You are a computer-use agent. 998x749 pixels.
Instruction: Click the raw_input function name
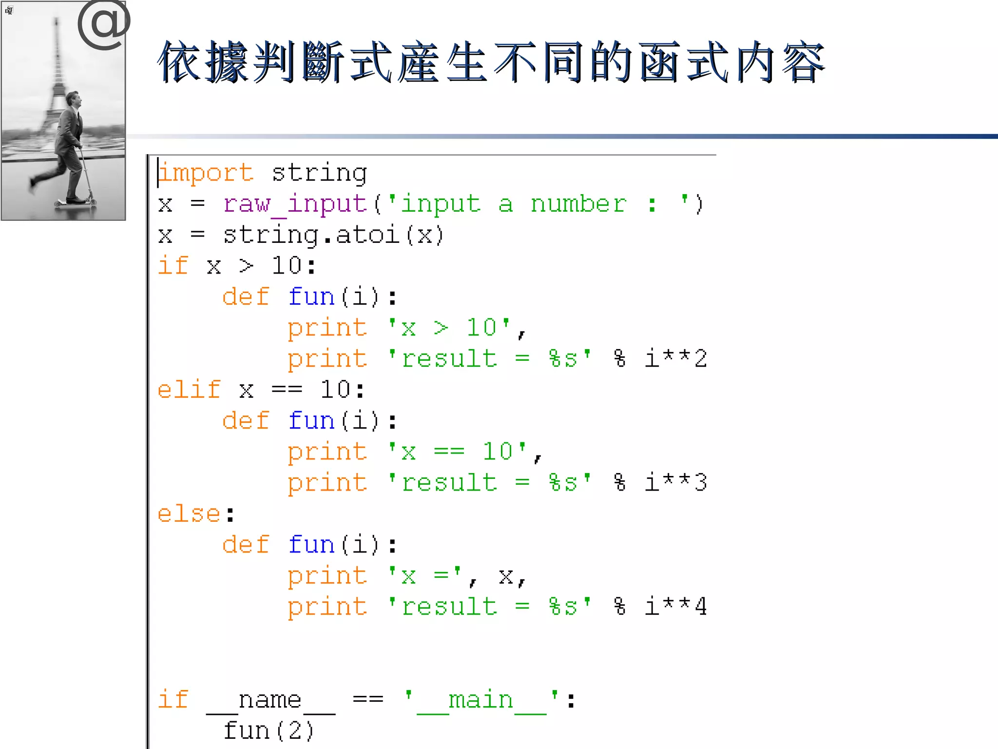click(295, 204)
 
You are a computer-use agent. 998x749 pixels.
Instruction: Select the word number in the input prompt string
click(578, 204)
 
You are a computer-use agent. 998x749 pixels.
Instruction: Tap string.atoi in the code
click(311, 236)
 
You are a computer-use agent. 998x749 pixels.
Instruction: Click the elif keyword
click(189, 390)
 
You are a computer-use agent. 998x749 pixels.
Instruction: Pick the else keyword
click(189, 514)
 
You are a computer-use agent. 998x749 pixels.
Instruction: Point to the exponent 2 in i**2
click(701, 359)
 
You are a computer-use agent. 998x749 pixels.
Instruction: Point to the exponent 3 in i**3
click(701, 483)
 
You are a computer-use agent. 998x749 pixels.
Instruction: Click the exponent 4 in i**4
click(701, 607)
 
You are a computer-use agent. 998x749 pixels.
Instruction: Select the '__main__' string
click(481, 701)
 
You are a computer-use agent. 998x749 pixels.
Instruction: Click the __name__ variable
click(270, 701)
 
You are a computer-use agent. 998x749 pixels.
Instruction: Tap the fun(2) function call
click(269, 731)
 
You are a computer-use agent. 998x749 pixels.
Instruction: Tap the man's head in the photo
click(74, 100)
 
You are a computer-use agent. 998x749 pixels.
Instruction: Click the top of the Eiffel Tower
click(57, 22)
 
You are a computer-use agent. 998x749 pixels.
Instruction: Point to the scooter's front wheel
click(92, 201)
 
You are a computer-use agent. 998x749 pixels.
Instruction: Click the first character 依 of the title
click(180, 62)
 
